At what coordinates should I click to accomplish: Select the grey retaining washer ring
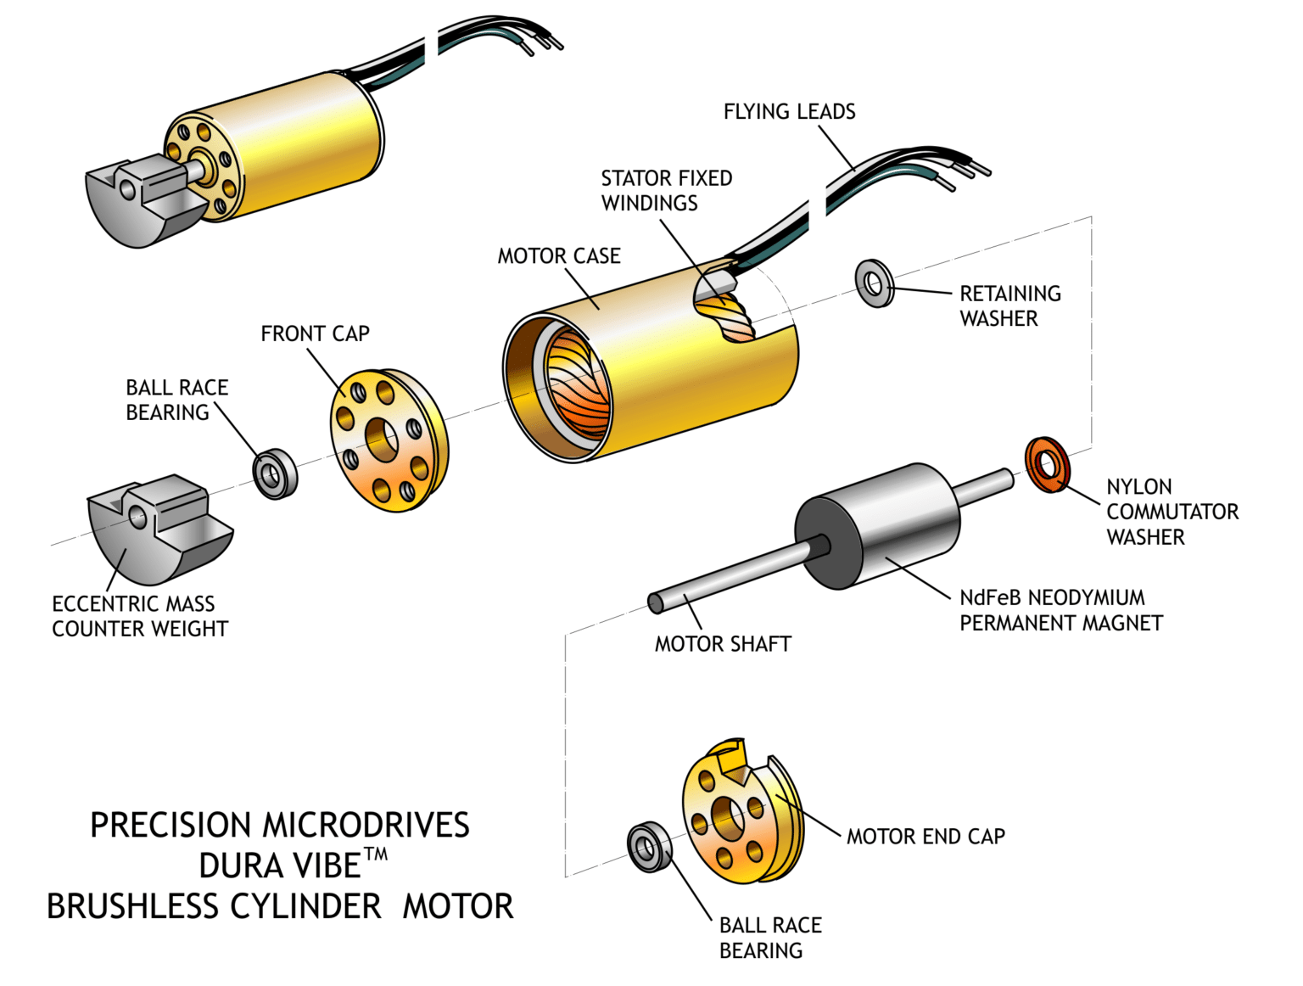[x=875, y=283]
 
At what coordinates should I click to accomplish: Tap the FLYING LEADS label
[x=789, y=111]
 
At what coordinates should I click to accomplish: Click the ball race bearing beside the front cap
[x=276, y=473]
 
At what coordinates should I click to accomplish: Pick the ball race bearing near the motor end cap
[x=650, y=846]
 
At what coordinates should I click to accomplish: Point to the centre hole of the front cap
[x=383, y=440]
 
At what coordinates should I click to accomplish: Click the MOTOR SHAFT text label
[x=723, y=644]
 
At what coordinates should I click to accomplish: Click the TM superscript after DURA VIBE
[x=376, y=854]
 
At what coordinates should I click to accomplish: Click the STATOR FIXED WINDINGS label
[x=666, y=191]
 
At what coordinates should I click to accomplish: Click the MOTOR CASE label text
[x=559, y=256]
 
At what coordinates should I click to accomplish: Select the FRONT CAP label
[x=315, y=333]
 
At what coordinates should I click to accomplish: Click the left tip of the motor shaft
[x=656, y=603]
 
